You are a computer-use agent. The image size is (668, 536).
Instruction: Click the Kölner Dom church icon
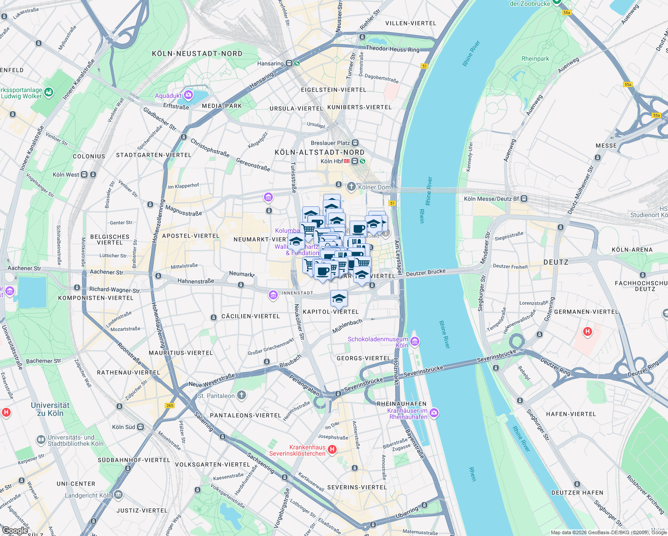[x=351, y=187]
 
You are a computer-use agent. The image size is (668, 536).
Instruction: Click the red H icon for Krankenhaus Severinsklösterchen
[x=332, y=450]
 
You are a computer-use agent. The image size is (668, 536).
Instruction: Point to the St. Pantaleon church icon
[x=241, y=395]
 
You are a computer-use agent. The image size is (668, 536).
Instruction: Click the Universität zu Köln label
[x=50, y=409]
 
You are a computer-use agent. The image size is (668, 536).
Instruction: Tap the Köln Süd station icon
[x=140, y=427]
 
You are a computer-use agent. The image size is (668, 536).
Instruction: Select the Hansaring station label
[x=270, y=63]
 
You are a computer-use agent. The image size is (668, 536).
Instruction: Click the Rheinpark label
[x=535, y=59]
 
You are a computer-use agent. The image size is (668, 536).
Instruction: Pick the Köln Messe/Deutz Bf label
[x=491, y=199]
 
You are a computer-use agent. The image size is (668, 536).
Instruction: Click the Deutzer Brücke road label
[x=426, y=272]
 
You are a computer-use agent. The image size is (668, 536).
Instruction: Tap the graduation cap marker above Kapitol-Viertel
[x=339, y=298]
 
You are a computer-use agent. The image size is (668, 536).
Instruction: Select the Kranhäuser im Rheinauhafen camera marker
[x=434, y=413]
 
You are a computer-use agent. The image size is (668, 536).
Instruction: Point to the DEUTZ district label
[x=556, y=262]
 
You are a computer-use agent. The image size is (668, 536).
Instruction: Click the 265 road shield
[x=170, y=406]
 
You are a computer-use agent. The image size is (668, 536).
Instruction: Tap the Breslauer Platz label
[x=330, y=143]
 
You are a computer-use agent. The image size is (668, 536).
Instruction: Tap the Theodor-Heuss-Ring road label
[x=392, y=49]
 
